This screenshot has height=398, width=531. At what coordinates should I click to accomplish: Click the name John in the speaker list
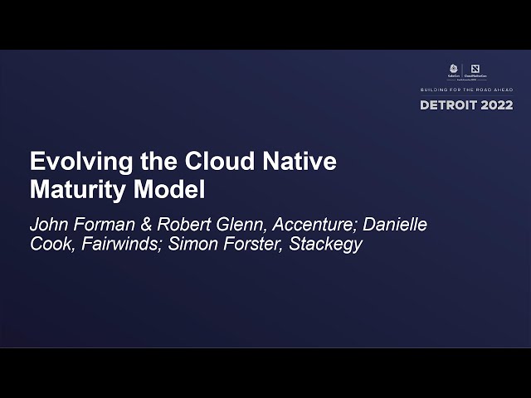tap(47, 225)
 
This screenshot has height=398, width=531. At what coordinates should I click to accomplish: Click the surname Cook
tap(51, 245)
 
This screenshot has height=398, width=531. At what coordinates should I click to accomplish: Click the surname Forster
tap(244, 245)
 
